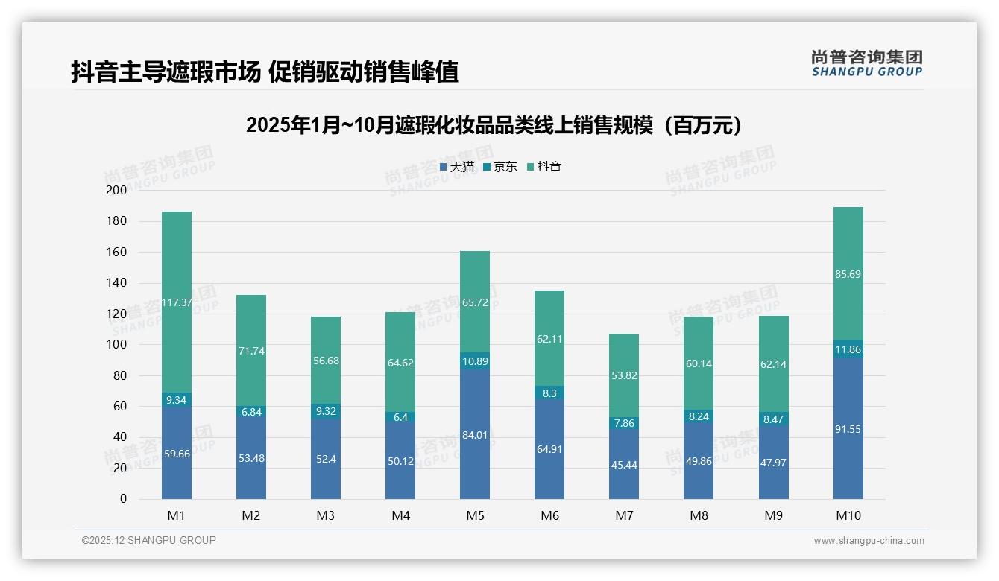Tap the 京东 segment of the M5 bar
(475, 361)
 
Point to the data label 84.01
(475, 435)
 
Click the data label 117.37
(177, 303)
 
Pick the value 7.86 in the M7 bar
(624, 423)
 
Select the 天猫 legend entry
(457, 167)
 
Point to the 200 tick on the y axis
(117, 191)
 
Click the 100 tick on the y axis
(117, 345)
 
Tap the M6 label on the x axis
(549, 515)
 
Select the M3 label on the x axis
(326, 515)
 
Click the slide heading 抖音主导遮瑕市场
(265, 72)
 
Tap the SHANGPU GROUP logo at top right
(866, 63)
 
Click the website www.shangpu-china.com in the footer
(869, 541)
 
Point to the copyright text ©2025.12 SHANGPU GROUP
(149, 540)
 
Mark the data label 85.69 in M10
(848, 274)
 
